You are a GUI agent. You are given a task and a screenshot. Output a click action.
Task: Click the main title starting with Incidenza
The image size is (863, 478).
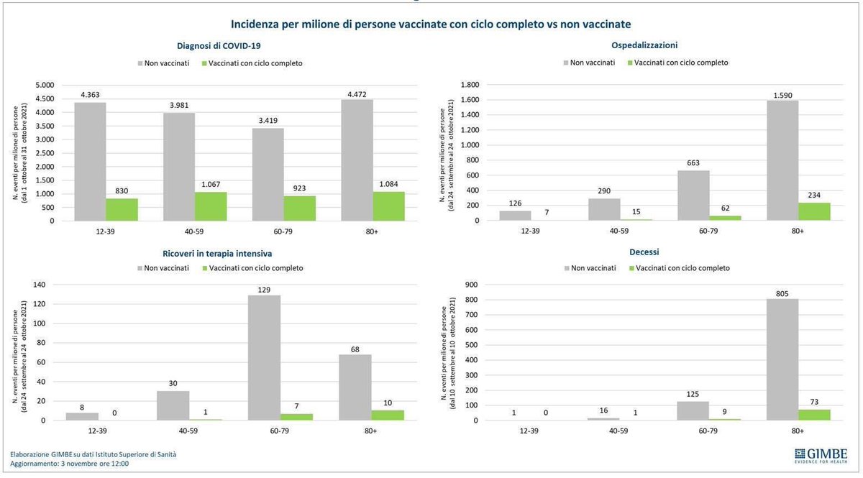tap(431, 24)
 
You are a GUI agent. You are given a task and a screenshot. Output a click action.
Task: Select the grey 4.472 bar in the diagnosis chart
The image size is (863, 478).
tap(357, 160)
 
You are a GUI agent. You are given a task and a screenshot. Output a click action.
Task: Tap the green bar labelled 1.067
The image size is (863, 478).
tap(211, 206)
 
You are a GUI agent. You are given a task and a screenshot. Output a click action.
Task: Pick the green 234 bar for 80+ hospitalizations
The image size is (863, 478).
tap(814, 212)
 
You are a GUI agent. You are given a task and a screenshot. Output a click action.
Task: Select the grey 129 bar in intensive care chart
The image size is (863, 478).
tap(264, 358)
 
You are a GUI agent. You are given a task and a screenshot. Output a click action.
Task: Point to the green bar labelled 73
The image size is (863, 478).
tap(814, 415)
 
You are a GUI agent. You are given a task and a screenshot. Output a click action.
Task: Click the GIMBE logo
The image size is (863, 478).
tap(821, 455)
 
